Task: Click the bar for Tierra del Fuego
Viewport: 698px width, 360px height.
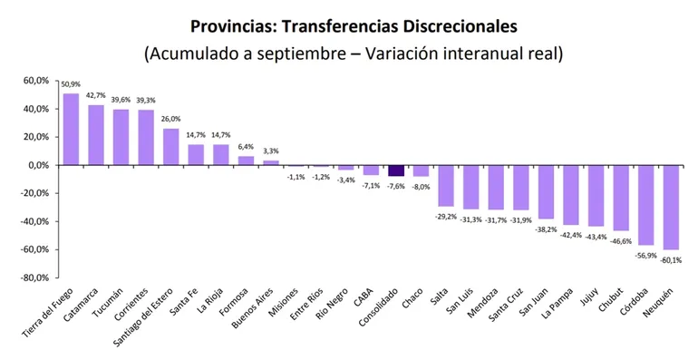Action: [x=71, y=130]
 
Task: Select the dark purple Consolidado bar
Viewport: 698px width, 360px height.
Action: [x=395, y=170]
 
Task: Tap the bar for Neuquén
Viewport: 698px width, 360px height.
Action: [x=670, y=207]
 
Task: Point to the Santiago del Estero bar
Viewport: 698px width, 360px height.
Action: [x=170, y=147]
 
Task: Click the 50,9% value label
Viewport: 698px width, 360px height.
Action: [x=71, y=85]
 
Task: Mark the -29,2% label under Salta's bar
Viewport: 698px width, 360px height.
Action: [x=445, y=215]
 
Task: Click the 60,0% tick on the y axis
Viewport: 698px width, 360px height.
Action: [x=36, y=82]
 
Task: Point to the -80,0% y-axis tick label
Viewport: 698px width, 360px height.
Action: [x=34, y=277]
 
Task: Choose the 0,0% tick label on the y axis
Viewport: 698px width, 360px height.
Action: [x=39, y=165]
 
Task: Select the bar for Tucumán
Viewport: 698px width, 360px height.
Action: [x=121, y=137]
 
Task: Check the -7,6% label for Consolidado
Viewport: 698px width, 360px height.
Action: [x=395, y=186]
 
